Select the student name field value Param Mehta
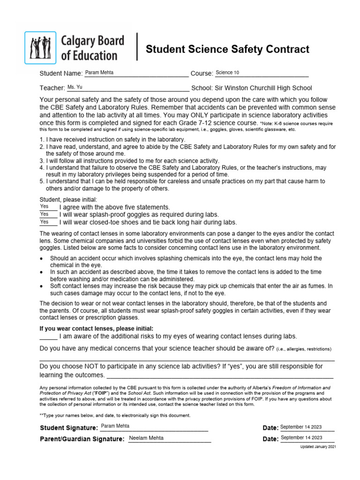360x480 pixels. (x=99, y=73)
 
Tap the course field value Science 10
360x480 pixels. (x=227, y=73)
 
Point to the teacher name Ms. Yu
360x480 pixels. (x=75, y=87)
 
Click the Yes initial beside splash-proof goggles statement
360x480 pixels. (x=45, y=214)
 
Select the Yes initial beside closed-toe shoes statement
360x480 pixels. (x=45, y=222)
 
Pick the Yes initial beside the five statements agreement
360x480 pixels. (x=45, y=206)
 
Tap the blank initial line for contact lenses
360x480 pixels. (x=48, y=337)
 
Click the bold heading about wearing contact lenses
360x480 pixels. (x=97, y=329)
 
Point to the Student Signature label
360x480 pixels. (x=69, y=427)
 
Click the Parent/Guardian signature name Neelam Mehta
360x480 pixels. (x=146, y=438)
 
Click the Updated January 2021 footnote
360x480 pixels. (x=318, y=447)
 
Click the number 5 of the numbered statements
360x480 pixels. (x=41, y=181)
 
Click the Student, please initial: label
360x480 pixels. (x=68, y=200)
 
